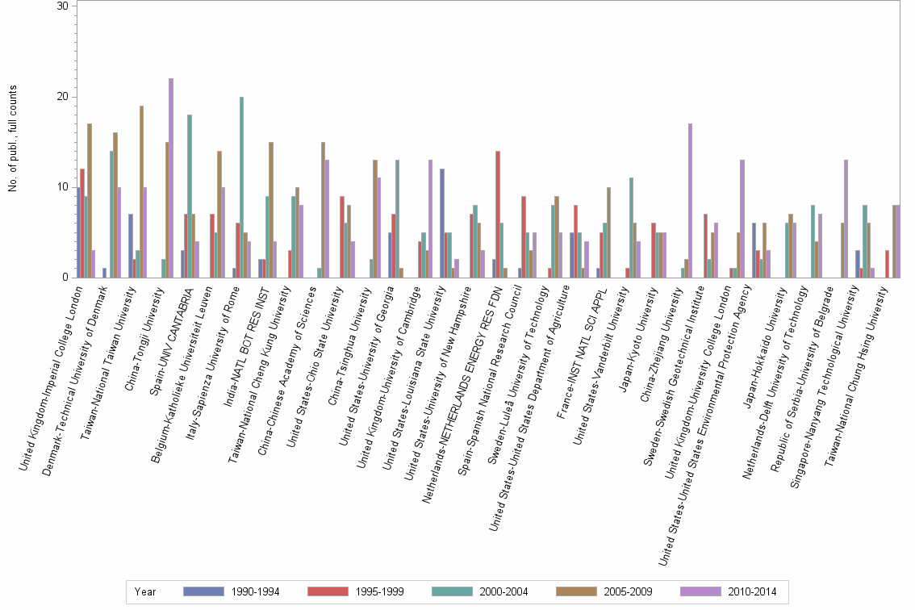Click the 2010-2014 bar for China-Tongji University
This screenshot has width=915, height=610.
click(170, 178)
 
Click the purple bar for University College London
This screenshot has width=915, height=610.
click(742, 219)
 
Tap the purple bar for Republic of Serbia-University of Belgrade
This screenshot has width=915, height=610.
click(846, 219)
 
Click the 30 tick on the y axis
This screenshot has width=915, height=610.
click(75, 6)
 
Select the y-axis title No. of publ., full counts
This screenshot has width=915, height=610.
click(13, 141)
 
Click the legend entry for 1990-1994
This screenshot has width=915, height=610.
click(232, 591)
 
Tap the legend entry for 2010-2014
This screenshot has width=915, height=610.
click(729, 591)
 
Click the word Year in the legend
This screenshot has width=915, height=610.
click(146, 591)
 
